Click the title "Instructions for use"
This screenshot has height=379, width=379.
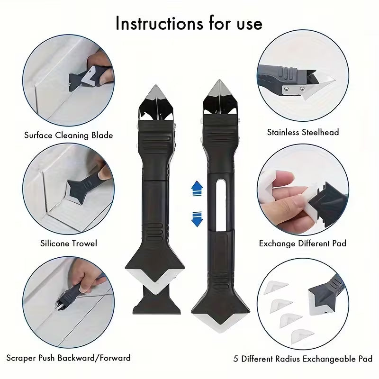click(189, 24)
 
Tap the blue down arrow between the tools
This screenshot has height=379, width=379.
click(196, 219)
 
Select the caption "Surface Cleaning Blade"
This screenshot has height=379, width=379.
click(69, 135)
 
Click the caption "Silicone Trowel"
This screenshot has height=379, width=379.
click(69, 243)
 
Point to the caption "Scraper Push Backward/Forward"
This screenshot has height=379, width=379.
click(69, 358)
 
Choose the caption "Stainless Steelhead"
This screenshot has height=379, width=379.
click(303, 132)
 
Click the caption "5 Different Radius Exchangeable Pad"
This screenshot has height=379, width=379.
click(303, 359)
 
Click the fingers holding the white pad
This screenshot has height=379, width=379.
click(284, 189)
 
